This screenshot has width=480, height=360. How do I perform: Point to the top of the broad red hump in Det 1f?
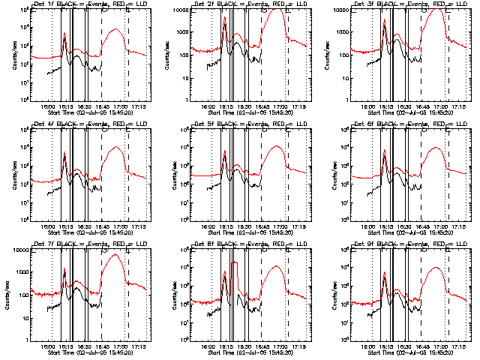(x=115, y=30)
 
